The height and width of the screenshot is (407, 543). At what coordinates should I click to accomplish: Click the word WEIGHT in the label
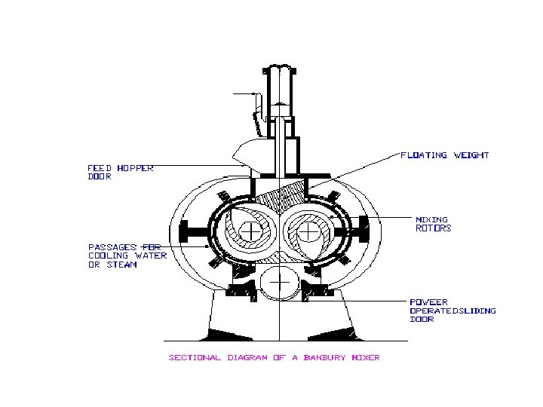471,155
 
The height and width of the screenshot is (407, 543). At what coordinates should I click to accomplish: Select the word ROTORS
434,228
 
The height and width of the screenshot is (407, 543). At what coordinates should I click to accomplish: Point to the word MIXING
431,220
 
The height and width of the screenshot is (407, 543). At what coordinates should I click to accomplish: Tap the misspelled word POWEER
428,302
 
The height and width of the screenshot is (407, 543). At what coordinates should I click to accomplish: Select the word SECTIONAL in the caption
195,357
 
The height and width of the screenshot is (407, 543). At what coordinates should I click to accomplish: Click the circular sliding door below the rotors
279,283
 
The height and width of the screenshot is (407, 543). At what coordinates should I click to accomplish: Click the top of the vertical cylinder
279,71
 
